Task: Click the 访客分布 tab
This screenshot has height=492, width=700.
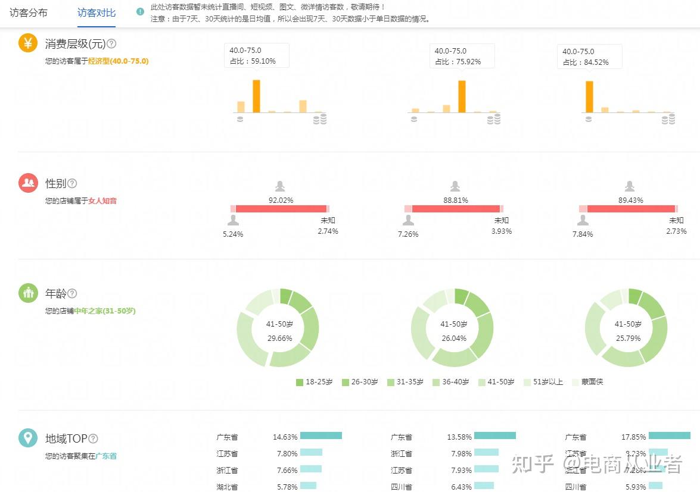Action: (x=29, y=12)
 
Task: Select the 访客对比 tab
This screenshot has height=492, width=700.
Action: (x=97, y=12)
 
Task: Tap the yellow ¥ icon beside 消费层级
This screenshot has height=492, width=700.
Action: (x=28, y=43)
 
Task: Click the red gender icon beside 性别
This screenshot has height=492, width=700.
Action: (x=28, y=183)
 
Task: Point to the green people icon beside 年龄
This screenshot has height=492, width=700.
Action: (x=28, y=293)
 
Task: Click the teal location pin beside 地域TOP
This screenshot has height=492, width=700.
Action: (x=28, y=438)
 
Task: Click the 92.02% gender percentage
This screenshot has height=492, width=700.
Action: (x=281, y=200)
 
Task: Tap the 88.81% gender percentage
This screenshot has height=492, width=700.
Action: (x=455, y=200)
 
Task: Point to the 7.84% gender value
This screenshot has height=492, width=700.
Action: (x=583, y=234)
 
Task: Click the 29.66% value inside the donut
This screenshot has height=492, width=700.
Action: (x=279, y=338)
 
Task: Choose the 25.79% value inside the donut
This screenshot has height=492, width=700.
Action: (x=628, y=338)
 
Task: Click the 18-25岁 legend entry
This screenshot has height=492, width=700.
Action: (x=314, y=382)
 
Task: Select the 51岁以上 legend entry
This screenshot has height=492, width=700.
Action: (x=543, y=382)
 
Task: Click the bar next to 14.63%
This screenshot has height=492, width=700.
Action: (x=321, y=436)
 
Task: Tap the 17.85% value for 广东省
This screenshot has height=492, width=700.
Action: (x=633, y=437)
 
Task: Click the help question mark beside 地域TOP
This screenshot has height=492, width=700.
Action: (x=93, y=438)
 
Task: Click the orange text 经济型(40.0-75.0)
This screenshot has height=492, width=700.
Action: (x=118, y=61)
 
